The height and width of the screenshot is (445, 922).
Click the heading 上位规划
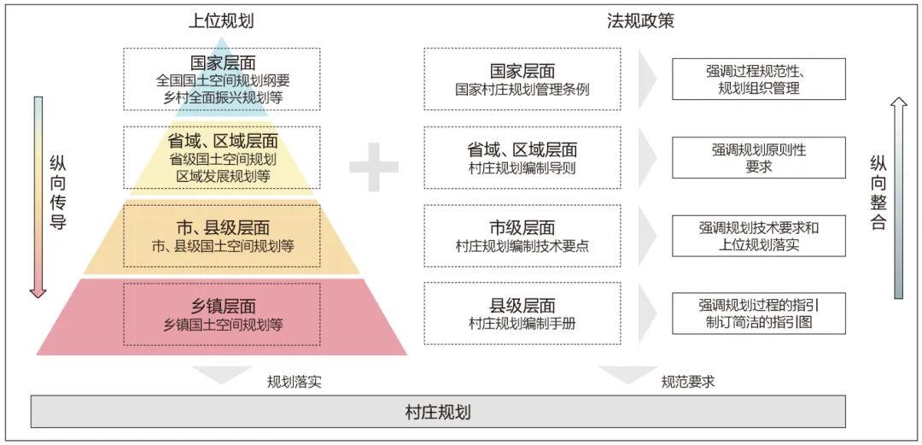pos(221,21)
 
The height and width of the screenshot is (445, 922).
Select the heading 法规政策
pos(640,21)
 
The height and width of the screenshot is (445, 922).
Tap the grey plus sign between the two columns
pos(374,167)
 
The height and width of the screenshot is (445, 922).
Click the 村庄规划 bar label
pos(438,412)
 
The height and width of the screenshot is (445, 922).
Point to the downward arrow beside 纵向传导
pos(38,197)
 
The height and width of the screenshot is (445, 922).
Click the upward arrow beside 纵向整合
pos(898,198)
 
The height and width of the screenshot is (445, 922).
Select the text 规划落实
pos(294,382)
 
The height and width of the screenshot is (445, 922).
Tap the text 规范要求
pos(688,382)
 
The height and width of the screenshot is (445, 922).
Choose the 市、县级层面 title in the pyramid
pos(223,228)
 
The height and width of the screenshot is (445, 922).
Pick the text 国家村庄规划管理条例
pos(522,90)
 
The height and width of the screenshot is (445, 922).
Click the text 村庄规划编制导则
pos(522,167)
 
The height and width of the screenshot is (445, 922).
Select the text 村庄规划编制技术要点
pos(522,246)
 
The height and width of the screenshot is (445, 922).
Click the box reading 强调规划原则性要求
pos(759,158)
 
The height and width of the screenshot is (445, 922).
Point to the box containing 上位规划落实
pos(759,236)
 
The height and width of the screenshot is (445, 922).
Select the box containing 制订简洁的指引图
pos(759,313)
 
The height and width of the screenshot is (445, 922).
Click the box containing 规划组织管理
pos(759,79)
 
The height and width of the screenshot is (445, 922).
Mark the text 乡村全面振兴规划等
pos(222,97)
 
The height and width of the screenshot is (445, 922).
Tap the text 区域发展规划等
pos(223,176)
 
